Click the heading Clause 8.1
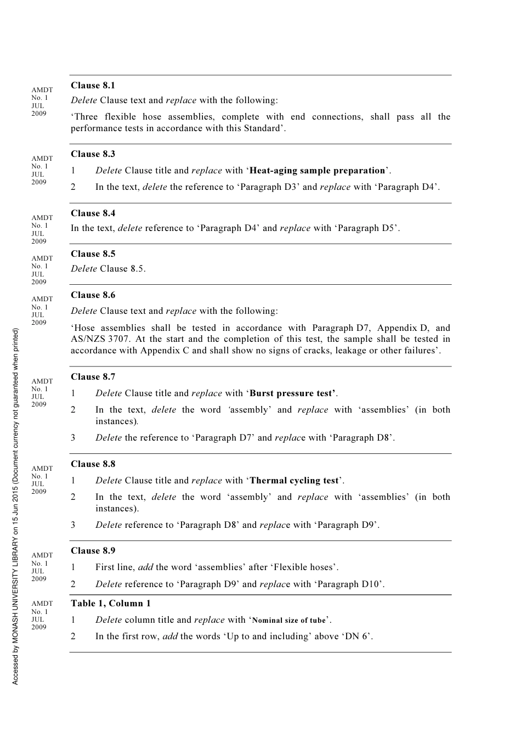click(x=93, y=85)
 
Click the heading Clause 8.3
click(x=93, y=154)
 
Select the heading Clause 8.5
click(x=93, y=253)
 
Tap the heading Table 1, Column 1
click(x=110, y=603)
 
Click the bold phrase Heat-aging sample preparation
click(x=317, y=171)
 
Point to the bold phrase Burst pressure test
click(x=292, y=393)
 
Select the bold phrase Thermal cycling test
click(x=294, y=481)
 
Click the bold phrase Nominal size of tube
click(x=288, y=621)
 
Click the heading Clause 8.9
click(x=93, y=550)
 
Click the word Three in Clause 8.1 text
click(x=86, y=117)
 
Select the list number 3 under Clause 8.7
click(x=73, y=438)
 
